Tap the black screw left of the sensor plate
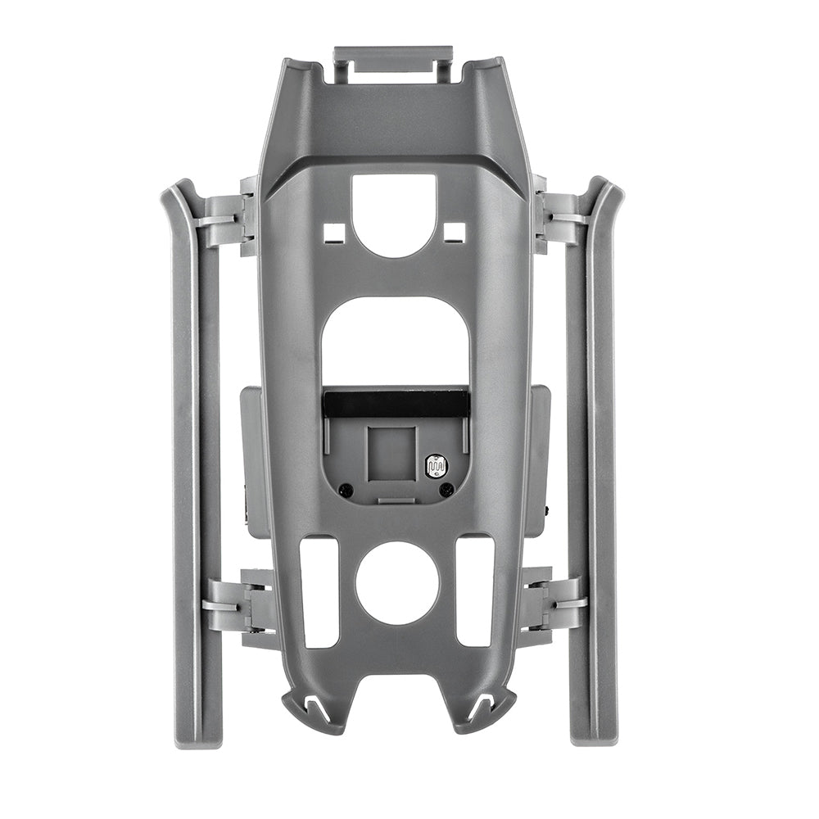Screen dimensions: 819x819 coord(346,490)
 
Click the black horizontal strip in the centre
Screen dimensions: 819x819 coord(396,401)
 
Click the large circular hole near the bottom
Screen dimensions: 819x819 coord(397,582)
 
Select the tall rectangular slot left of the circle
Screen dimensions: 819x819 coord(319,590)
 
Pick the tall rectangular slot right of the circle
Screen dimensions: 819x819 coord(474,590)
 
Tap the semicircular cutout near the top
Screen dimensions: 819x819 coord(394,211)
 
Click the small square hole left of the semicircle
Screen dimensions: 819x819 coord(333,233)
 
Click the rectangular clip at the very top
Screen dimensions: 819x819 coord(392,63)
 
